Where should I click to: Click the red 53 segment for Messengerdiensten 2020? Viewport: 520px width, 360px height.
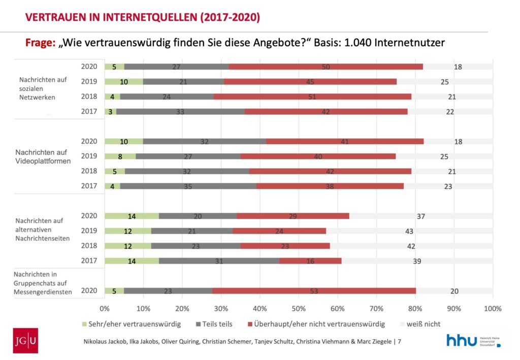pos(314,291)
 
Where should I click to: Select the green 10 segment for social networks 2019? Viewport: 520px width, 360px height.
pos(124,81)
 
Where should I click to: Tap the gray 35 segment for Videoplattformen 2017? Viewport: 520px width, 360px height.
pos(188,186)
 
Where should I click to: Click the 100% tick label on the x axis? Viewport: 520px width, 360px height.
pos(492,308)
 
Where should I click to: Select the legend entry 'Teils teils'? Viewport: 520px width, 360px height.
pos(213,323)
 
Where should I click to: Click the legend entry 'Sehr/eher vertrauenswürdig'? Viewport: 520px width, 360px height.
pos(132,323)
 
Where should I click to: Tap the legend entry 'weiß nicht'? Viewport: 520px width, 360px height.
pos(421,323)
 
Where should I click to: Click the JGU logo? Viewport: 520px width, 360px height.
pos(25,341)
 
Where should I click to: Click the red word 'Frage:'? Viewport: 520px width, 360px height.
pos(40,43)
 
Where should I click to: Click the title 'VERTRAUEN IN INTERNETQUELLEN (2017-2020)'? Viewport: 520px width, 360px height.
pos(143,18)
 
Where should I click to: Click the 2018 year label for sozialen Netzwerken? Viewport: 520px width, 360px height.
pos(89,96)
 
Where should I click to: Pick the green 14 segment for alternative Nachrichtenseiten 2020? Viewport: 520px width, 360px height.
pos(132,216)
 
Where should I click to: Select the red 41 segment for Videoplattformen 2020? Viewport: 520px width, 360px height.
pos(344,142)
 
